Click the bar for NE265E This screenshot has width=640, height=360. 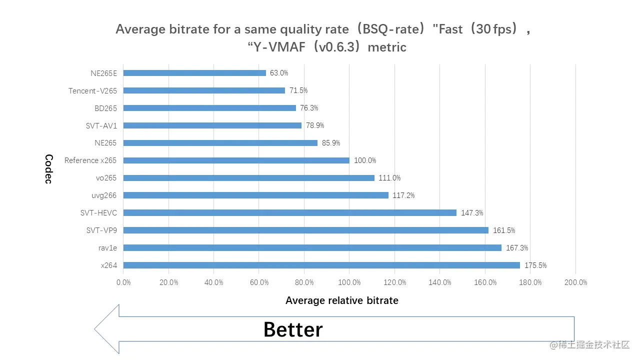pos(194,73)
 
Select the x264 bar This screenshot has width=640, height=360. pos(321,265)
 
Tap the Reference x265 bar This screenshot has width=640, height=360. pos(236,160)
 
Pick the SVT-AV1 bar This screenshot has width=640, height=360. pos(212,125)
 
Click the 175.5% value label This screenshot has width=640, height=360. pos(535,265)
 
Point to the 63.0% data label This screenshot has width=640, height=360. pos(279,73)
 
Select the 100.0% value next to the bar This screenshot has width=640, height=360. pos(365,160)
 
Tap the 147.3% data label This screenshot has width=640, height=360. pos(472,213)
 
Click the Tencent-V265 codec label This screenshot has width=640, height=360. pos(92,90)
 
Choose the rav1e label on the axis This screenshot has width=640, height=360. pos(107,248)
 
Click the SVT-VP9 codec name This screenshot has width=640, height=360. pos(102,230)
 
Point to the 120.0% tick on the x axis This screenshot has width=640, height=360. pos(395,282)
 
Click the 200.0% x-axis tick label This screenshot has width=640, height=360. pos(576,282)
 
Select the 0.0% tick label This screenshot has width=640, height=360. pos(123,282)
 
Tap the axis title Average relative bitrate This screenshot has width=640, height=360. pos(342,300)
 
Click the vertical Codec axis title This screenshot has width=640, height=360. pos(48,169)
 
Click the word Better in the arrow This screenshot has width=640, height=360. pos(293,330)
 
